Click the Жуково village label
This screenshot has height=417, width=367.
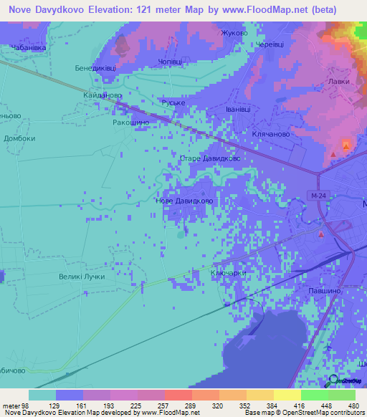tap(234, 34)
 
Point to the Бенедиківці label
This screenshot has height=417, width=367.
tap(95, 69)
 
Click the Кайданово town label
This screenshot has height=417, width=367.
tap(103, 95)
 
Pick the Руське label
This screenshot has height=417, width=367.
tap(173, 103)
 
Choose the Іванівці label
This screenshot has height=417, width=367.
tap(219, 110)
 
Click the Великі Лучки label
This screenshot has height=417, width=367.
tap(82, 277)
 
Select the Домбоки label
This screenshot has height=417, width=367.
tap(19, 138)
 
